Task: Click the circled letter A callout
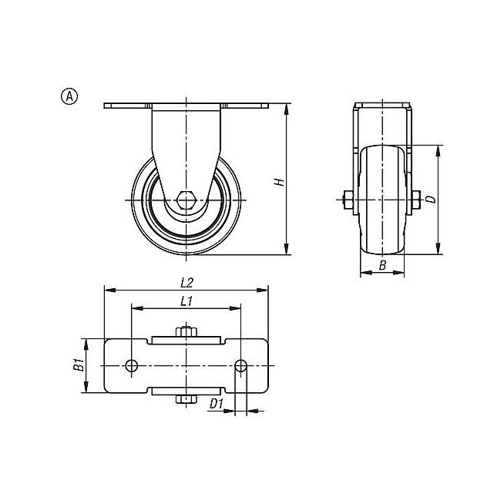tap(69, 96)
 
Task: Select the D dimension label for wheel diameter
tap(432, 199)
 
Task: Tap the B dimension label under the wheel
tap(382, 266)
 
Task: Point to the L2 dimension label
tap(186, 283)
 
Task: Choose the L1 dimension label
tap(186, 301)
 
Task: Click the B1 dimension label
tap(79, 365)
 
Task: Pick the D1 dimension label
tap(217, 404)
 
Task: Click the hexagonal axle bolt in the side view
tap(186, 200)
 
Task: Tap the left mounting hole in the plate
tap(132, 365)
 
